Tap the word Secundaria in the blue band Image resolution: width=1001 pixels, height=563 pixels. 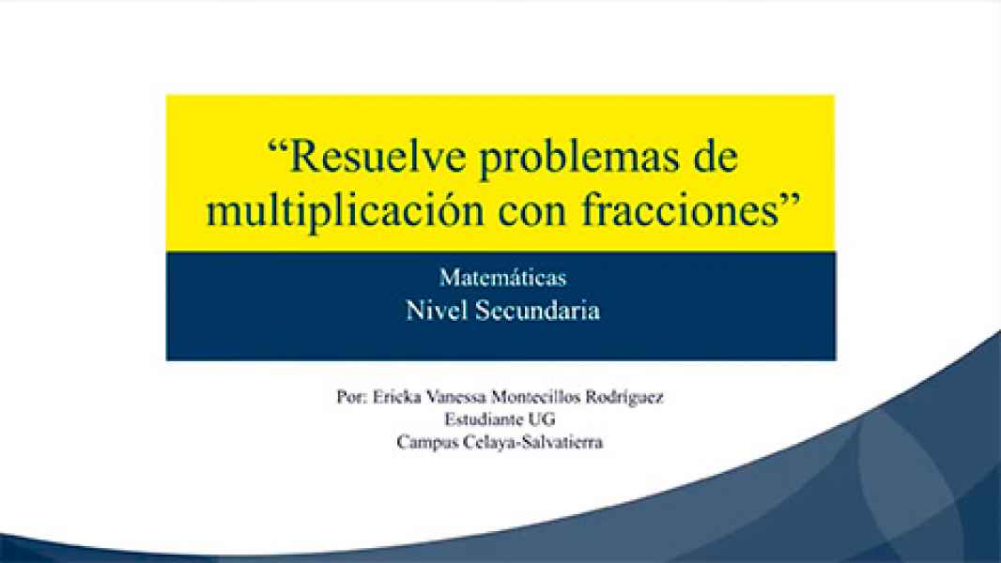pyautogui.click(x=537, y=311)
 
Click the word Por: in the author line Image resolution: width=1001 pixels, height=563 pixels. pyautogui.click(x=350, y=397)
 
